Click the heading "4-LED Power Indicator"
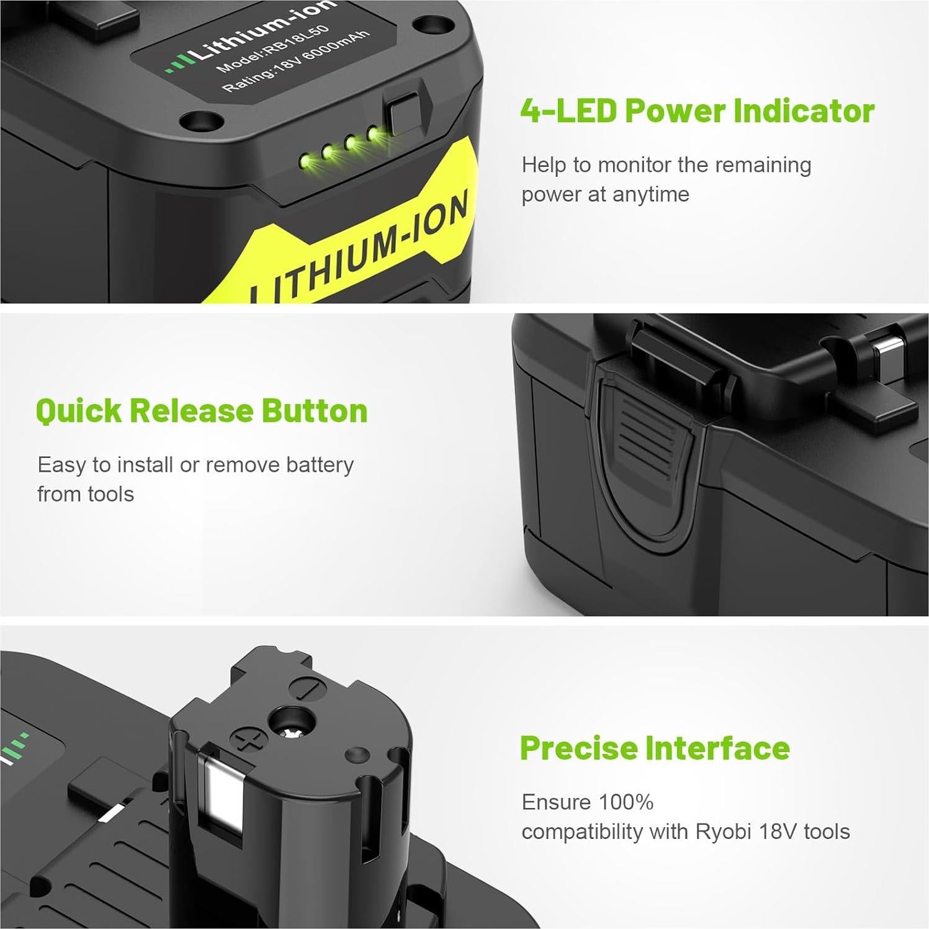(x=697, y=111)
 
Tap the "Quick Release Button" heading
(x=202, y=411)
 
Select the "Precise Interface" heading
(x=655, y=748)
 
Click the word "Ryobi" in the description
(x=724, y=832)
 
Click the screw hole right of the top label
(x=427, y=25)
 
